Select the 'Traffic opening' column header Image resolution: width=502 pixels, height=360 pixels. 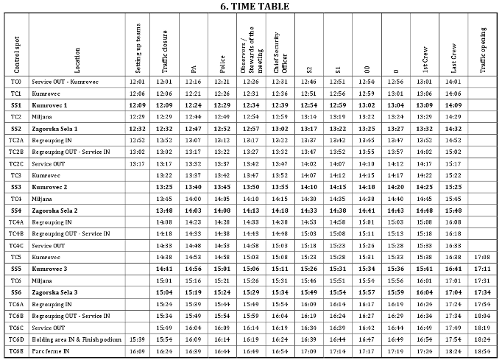(x=483, y=49)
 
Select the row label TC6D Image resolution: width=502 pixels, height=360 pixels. (x=16, y=339)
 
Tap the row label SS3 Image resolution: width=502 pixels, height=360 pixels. (x=16, y=187)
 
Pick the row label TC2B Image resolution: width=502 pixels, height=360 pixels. (x=16, y=152)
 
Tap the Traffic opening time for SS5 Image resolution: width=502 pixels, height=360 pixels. (x=483, y=269)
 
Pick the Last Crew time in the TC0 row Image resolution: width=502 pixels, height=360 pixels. (x=453, y=82)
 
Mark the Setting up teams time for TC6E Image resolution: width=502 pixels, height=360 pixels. (x=137, y=351)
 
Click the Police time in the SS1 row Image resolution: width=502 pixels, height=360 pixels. (x=222, y=105)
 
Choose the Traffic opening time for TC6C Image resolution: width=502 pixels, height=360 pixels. (x=483, y=327)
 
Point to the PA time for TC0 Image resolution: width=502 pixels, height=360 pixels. (x=193, y=82)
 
